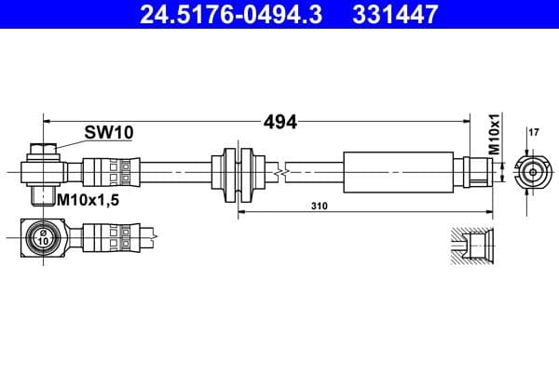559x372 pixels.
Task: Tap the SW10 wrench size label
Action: (x=109, y=132)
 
